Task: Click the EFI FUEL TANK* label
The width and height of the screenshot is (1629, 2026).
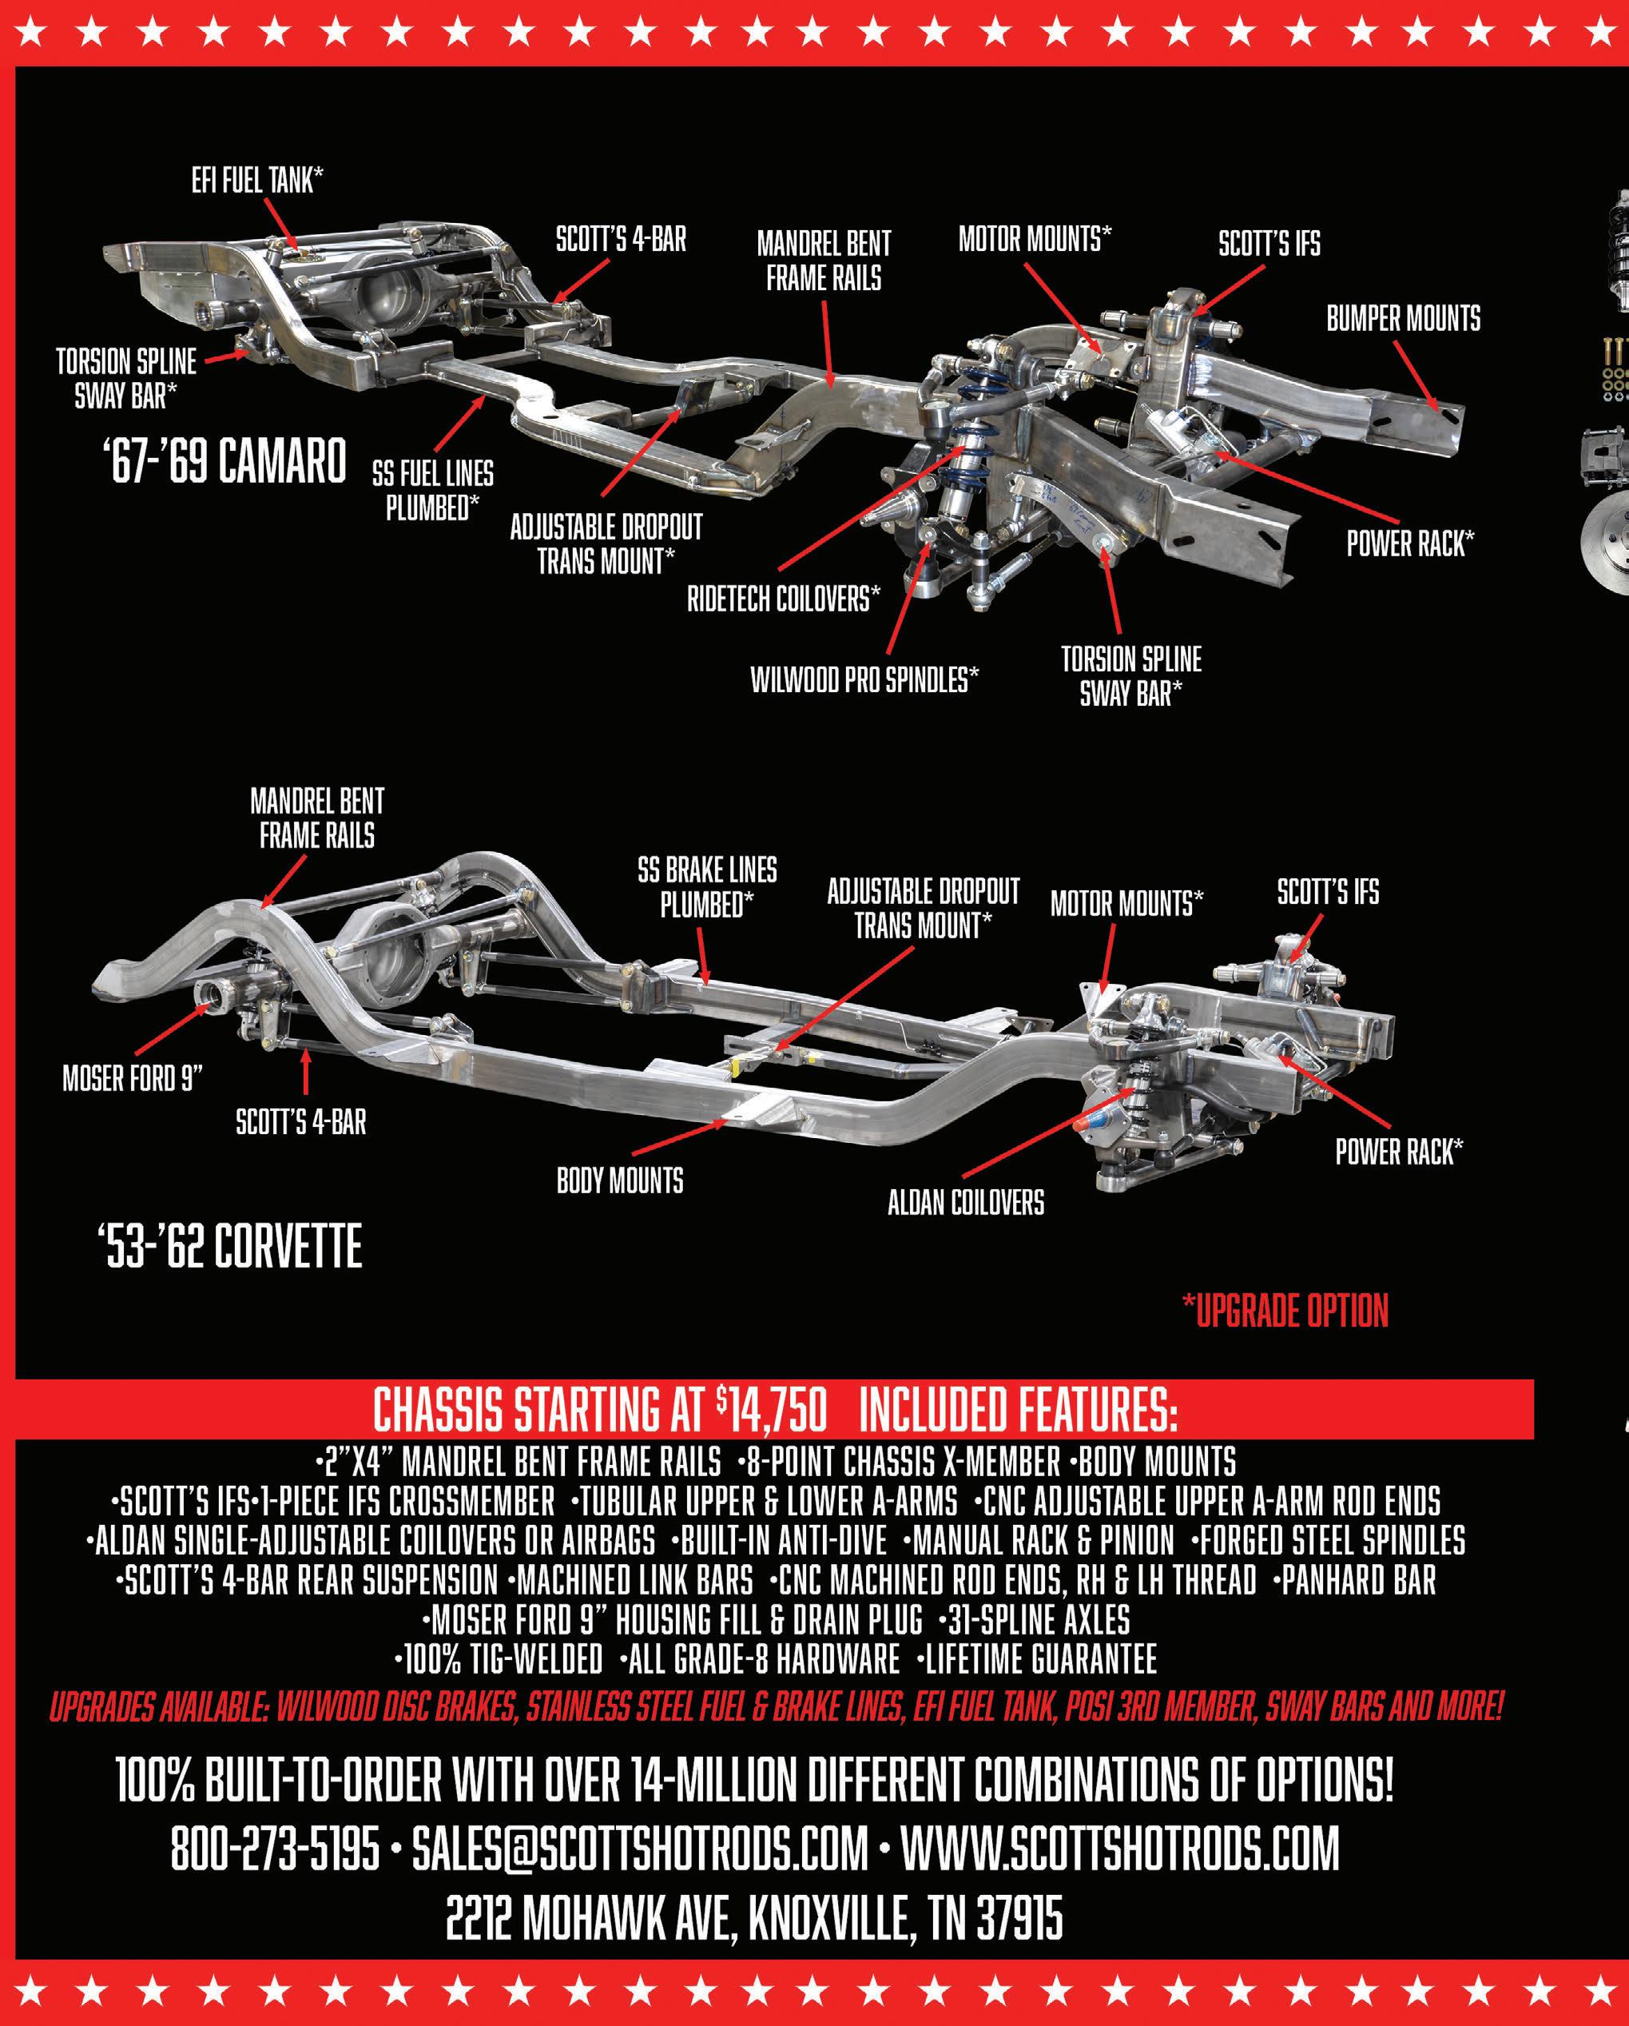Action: (x=256, y=181)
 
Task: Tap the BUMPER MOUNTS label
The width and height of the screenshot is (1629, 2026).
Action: (x=1403, y=320)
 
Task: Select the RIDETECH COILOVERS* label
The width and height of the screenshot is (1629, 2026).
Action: (x=784, y=599)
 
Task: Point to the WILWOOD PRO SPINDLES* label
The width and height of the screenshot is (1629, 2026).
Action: (x=864, y=679)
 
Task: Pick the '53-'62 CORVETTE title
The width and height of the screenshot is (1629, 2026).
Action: (x=229, y=1248)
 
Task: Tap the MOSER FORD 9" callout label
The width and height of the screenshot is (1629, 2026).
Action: (x=133, y=1078)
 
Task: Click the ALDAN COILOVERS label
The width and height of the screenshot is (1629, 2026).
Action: (x=966, y=1203)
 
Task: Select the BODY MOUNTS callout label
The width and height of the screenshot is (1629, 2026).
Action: (x=620, y=1181)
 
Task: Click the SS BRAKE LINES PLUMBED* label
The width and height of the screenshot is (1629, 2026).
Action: (x=707, y=888)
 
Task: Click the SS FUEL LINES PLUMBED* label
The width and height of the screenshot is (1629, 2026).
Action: (x=432, y=491)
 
